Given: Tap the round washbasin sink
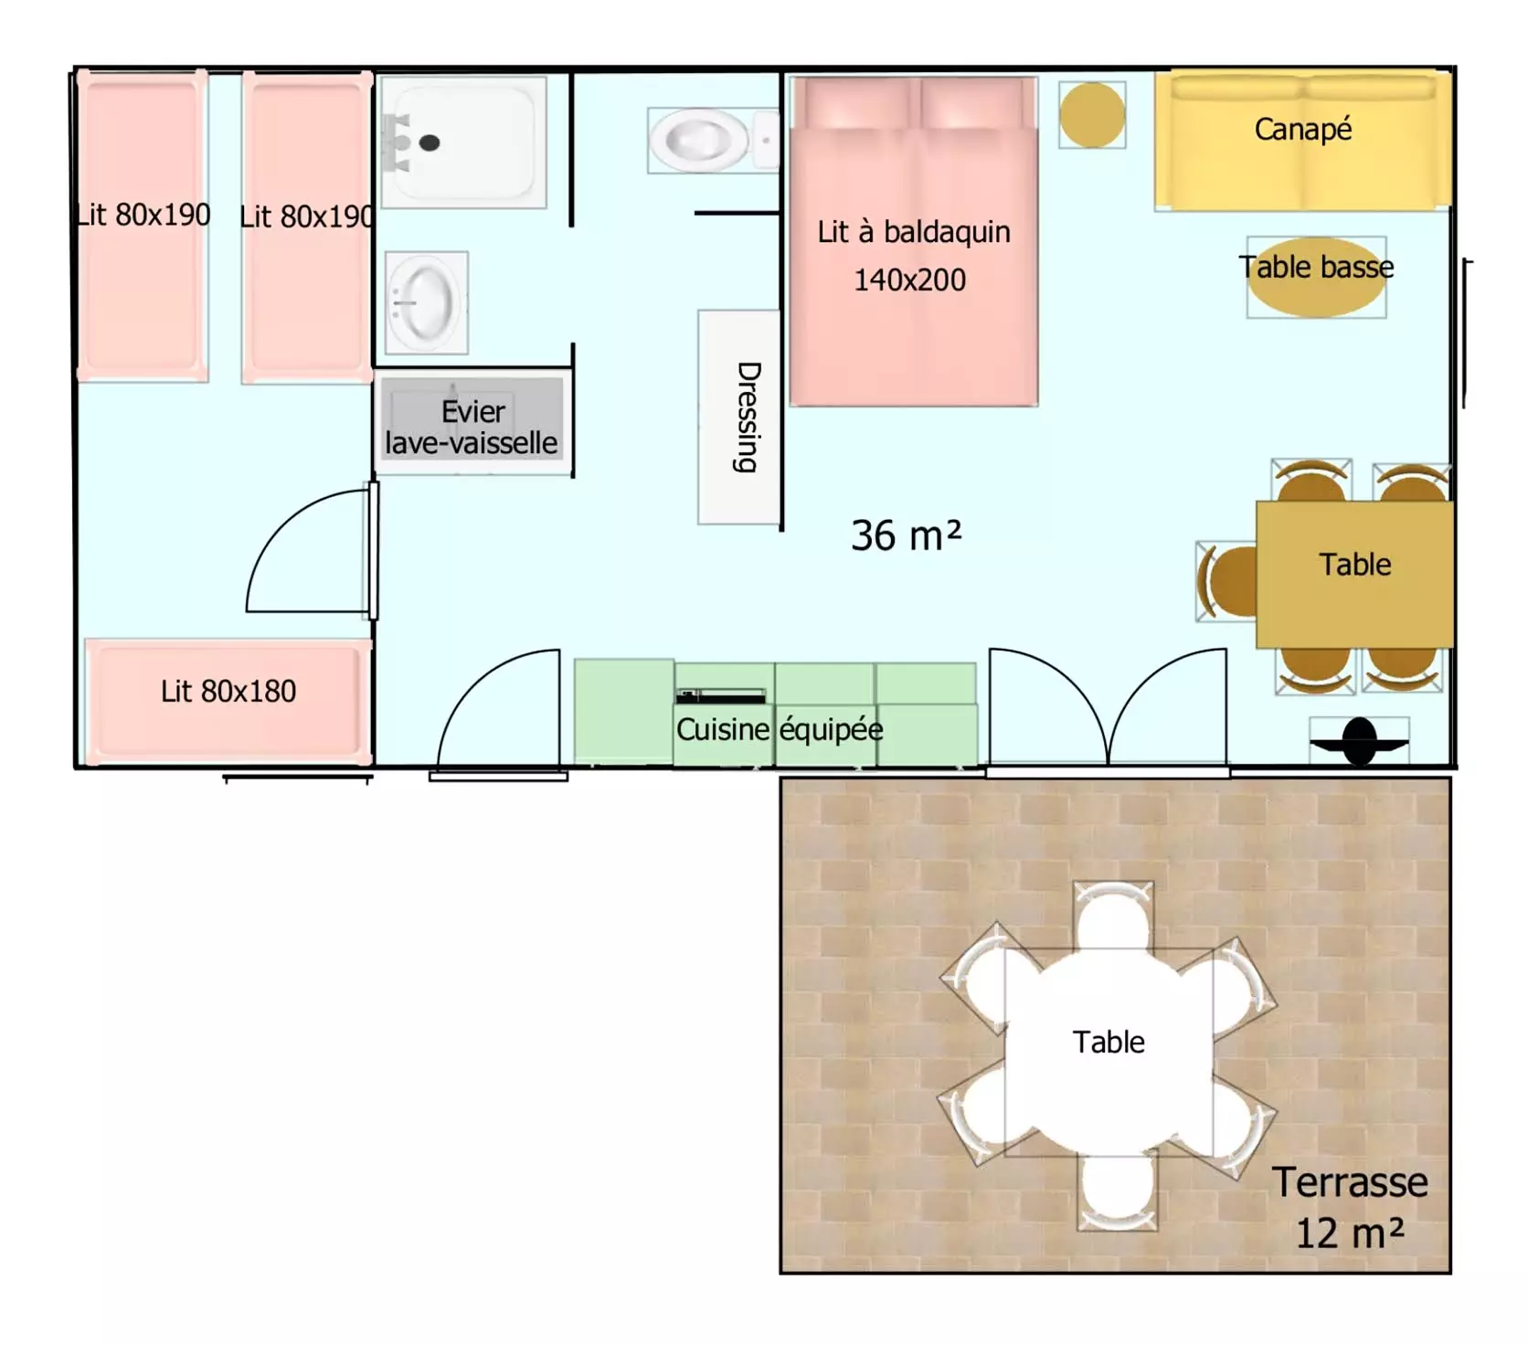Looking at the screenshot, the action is coord(426,302).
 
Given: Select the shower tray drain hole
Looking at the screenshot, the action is coord(430,143).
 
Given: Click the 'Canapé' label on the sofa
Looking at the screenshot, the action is coord(1302,129).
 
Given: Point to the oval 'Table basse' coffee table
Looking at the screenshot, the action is coord(1316,277).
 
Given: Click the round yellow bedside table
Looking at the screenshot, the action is coord(1092,114).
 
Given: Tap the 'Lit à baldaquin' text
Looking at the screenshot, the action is coord(914,232).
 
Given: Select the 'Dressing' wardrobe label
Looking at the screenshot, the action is coord(748,417).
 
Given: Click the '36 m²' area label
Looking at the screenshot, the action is coord(906,535).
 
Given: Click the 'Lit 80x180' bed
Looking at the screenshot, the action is coord(228,701).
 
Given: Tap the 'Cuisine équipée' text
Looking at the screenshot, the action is coord(780,729).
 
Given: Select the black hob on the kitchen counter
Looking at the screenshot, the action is coord(720,696).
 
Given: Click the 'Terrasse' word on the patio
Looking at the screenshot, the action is coord(1349,1182).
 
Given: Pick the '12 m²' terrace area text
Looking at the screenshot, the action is coord(1350,1233).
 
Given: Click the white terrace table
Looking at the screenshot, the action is coord(1109,1052).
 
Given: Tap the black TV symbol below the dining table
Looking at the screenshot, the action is coord(1359,740).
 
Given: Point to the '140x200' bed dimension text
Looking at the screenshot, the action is coord(909,280).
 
